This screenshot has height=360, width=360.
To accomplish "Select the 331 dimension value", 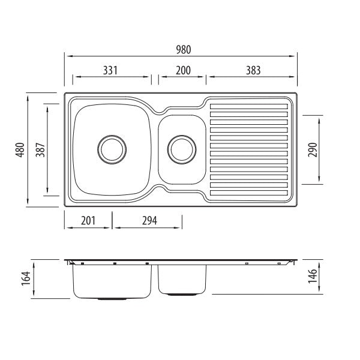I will [110, 70].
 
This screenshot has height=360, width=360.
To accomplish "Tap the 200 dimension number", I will [182, 70].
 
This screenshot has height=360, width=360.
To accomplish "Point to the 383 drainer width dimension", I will [253, 70].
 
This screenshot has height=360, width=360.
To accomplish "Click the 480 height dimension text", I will [20, 149].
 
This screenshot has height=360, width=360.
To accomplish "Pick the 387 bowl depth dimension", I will [40, 149].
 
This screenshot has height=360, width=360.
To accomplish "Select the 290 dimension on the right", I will [312, 149].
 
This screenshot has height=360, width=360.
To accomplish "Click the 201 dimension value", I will [88, 220].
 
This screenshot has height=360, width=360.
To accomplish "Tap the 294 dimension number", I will [149, 220].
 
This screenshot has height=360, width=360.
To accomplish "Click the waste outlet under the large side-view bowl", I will [112, 299].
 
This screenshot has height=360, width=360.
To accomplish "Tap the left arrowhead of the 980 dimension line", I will [67, 56].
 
